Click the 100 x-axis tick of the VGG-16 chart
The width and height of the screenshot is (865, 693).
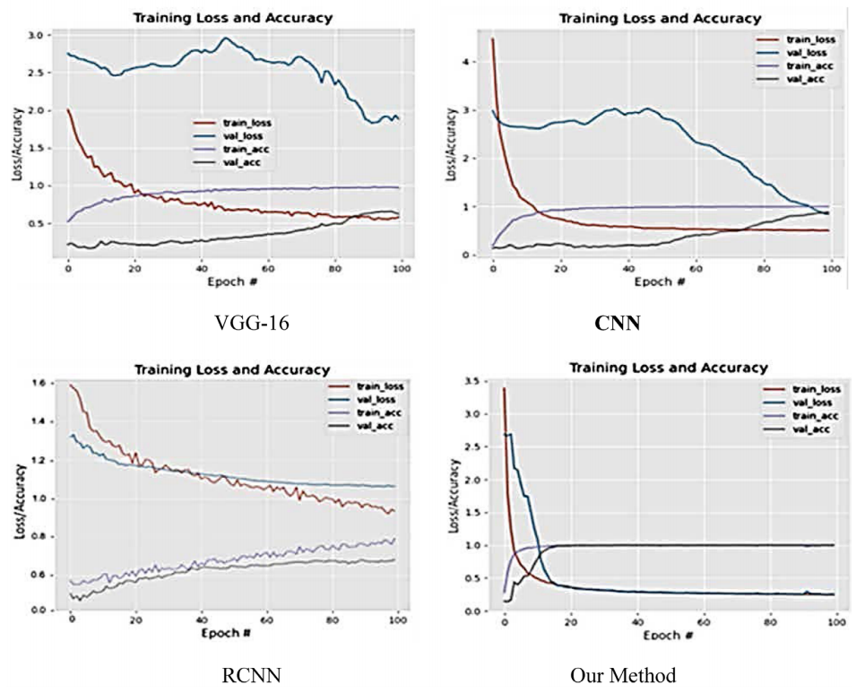point(402,266)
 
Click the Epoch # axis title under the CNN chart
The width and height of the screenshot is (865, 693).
point(659,282)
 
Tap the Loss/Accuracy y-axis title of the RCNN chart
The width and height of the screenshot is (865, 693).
point(17,499)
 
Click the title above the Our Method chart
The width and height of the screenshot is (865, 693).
point(670,368)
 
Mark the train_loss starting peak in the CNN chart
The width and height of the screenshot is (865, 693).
point(492,39)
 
